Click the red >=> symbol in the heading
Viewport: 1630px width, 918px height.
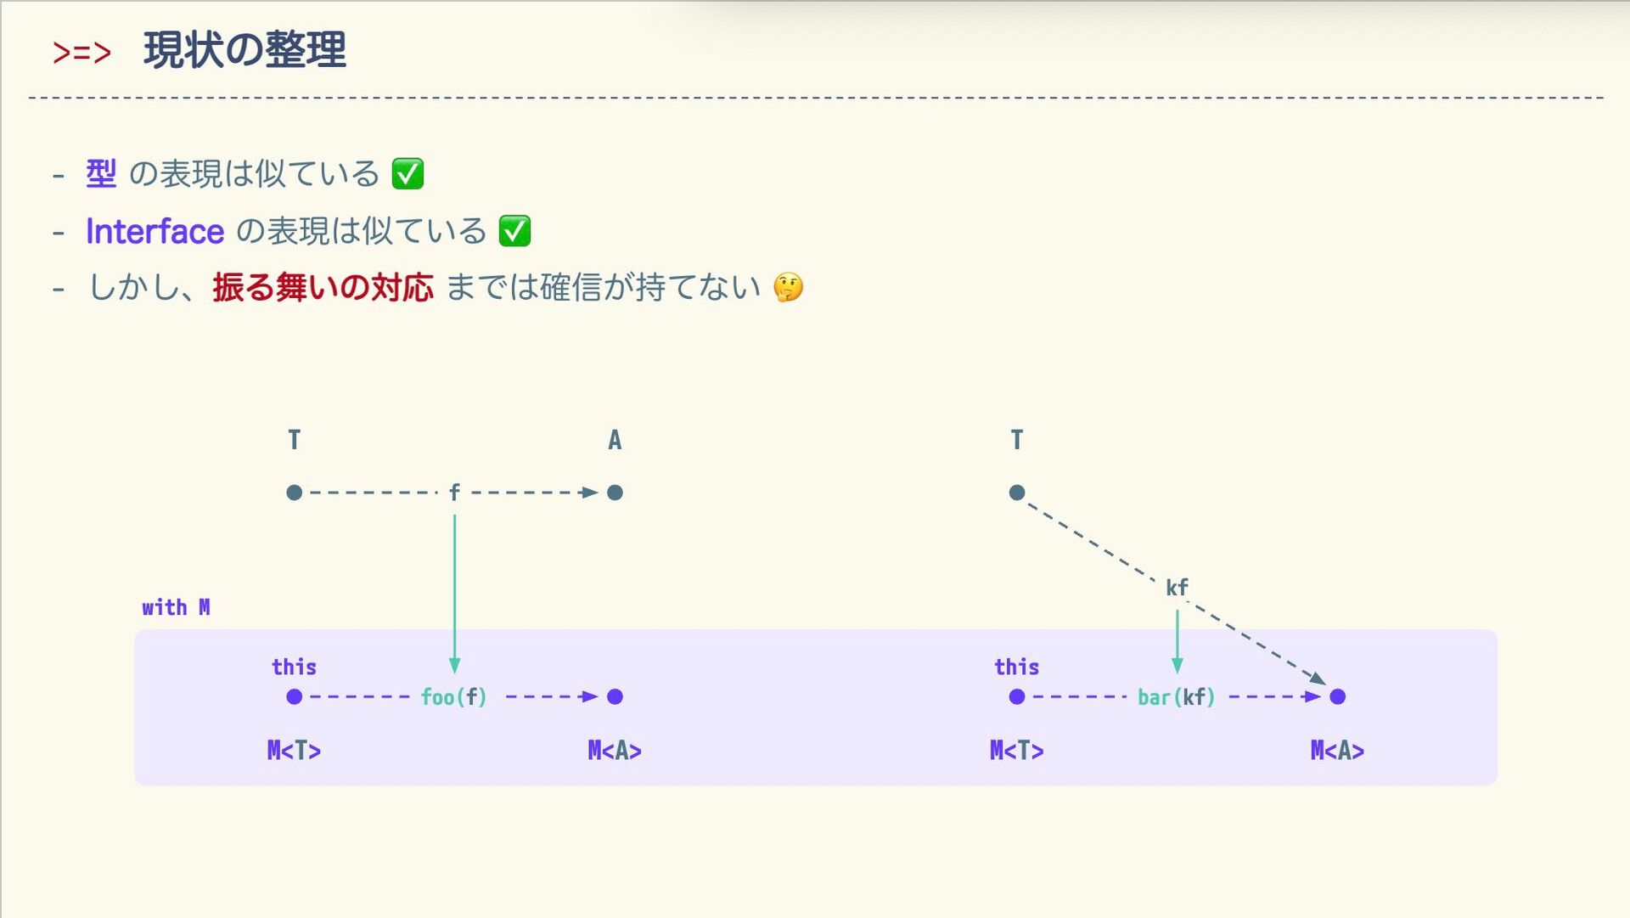pos(81,53)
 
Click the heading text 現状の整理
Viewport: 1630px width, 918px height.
pos(244,50)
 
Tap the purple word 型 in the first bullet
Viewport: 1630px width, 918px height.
pos(101,174)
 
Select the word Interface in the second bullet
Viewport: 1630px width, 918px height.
pos(155,231)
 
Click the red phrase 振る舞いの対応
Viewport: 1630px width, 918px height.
pos(323,288)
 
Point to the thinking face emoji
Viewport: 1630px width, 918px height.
pos(788,288)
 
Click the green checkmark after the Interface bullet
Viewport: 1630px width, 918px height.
pos(514,231)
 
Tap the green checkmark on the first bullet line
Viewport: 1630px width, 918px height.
pos(407,174)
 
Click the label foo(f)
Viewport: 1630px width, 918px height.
pos(454,697)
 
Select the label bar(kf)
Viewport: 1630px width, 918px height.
pos(1176,697)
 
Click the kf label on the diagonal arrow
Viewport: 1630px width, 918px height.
pos(1177,587)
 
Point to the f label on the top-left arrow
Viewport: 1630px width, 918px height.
pos(454,493)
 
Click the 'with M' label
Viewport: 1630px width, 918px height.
pos(176,607)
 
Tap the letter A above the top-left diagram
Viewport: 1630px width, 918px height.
pos(615,440)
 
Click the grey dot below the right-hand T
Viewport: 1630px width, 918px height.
pos(1017,493)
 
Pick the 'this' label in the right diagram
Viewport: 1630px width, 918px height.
pos(1016,667)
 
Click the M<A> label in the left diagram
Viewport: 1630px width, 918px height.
pos(615,751)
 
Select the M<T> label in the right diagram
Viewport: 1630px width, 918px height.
pos(1016,751)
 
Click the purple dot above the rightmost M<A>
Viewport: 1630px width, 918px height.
pos(1338,697)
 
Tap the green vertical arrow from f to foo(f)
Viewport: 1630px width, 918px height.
pos(454,594)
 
